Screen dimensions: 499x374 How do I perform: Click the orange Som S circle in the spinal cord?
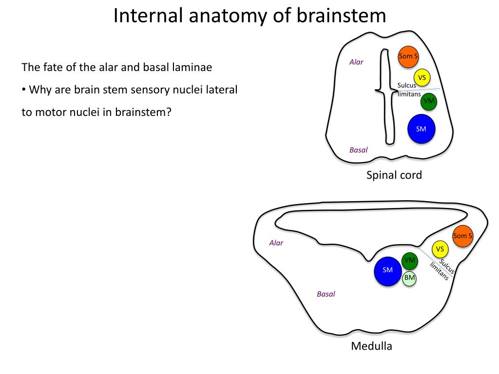click(x=408, y=56)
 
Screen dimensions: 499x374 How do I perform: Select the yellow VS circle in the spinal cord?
click(x=422, y=77)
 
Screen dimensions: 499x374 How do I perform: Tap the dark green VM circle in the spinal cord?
click(x=429, y=101)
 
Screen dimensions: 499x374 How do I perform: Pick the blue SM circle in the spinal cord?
click(x=422, y=129)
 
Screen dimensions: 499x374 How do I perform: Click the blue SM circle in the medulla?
click(x=387, y=271)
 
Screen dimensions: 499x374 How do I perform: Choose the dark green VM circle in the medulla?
click(x=409, y=261)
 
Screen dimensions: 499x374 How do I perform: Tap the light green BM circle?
click(x=409, y=278)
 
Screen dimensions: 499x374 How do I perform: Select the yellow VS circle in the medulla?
click(x=440, y=249)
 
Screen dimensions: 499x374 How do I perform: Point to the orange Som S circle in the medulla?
click(x=462, y=236)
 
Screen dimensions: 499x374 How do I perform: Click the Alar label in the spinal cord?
click(x=356, y=62)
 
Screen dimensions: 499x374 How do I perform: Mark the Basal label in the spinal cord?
click(x=358, y=150)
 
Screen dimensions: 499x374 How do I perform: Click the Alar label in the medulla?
click(x=276, y=243)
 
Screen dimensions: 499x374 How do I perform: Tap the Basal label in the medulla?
click(x=326, y=294)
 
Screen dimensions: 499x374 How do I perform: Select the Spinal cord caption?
click(x=394, y=175)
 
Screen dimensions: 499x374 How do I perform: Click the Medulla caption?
click(x=371, y=346)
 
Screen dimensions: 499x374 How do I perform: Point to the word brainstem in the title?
click(x=341, y=16)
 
